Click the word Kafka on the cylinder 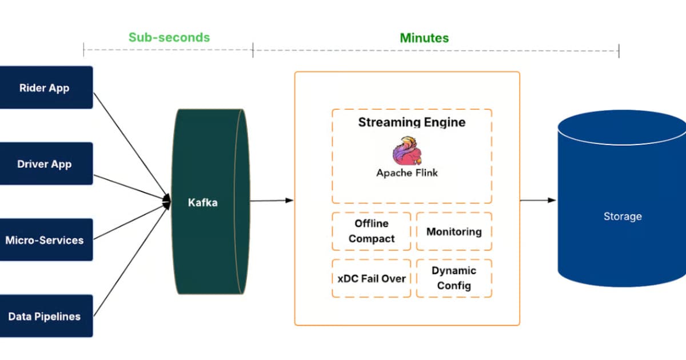[x=203, y=202]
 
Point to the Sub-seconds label [x=169, y=38]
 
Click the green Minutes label [x=424, y=38]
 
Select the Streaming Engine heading [x=412, y=122]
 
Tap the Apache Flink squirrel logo [x=407, y=151]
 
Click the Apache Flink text [x=407, y=173]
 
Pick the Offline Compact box [x=372, y=231]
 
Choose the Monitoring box [x=454, y=231]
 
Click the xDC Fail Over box [x=372, y=278]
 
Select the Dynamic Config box [x=454, y=278]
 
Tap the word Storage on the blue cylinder [x=623, y=217]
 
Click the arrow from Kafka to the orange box [x=271, y=200]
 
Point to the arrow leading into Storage [x=537, y=200]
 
